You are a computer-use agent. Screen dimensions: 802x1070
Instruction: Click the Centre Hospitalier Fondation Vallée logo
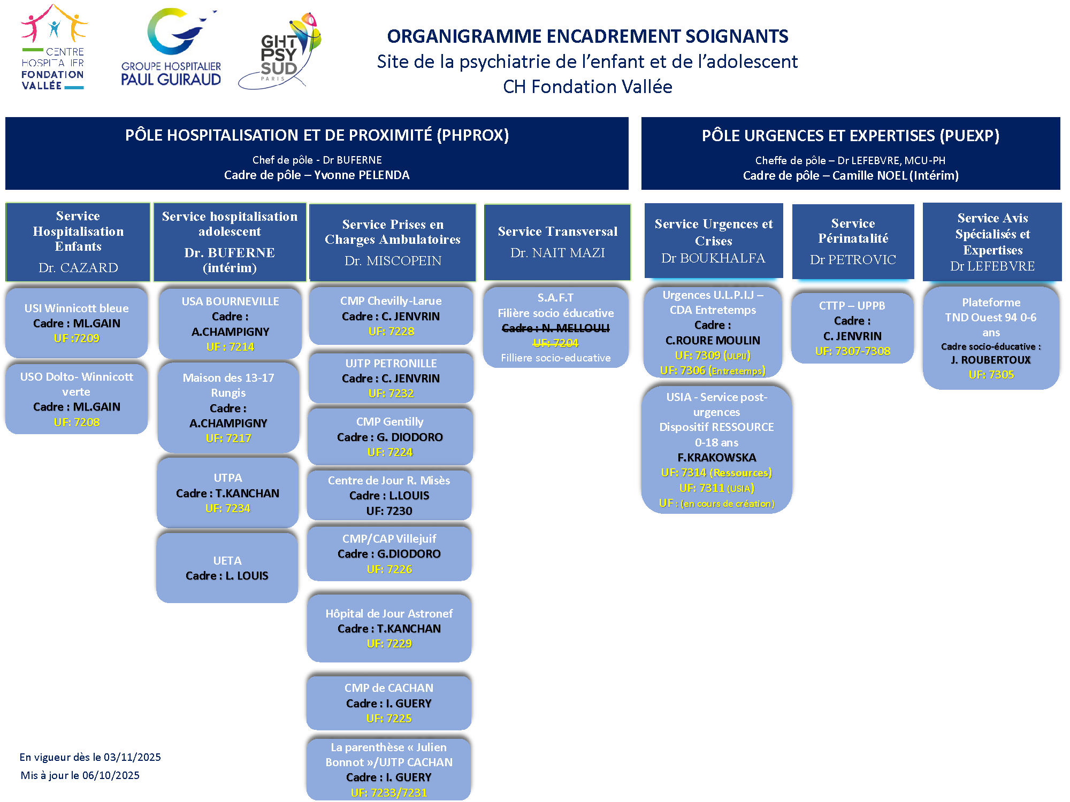point(53,48)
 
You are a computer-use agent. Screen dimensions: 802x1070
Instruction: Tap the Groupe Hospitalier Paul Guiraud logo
point(171,48)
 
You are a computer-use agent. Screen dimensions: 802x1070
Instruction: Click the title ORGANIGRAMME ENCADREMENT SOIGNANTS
point(587,36)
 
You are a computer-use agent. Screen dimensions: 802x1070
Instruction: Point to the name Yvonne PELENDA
point(362,175)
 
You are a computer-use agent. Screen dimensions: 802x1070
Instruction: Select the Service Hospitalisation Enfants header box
point(78,242)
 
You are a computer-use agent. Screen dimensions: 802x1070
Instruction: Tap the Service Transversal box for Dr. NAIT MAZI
point(557,242)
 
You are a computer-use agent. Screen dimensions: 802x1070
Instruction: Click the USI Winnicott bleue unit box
point(77,323)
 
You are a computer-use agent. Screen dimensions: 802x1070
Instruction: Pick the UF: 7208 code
point(77,422)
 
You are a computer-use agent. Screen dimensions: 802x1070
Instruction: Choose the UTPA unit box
point(228,492)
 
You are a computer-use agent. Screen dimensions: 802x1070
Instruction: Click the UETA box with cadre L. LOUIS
point(227,568)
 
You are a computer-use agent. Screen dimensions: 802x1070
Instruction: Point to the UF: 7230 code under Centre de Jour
point(389,511)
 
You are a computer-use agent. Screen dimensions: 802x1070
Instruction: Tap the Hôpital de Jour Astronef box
point(389,628)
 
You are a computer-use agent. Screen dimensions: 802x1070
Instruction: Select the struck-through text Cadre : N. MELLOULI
point(556,328)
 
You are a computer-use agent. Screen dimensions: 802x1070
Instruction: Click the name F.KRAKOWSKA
point(717,458)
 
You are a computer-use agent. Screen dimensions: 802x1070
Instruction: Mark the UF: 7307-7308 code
point(853,351)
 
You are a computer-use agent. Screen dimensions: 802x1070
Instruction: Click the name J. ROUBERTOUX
point(991,360)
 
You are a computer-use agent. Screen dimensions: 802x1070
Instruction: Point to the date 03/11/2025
point(132,757)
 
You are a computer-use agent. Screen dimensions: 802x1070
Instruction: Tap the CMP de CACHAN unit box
point(389,703)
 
